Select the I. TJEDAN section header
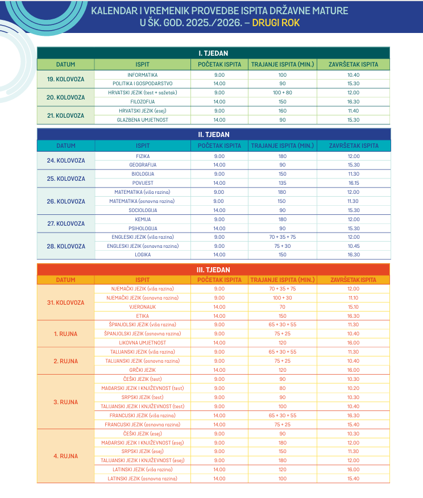[x=213, y=53]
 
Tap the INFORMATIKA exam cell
[x=143, y=75]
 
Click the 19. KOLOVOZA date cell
[x=66, y=79]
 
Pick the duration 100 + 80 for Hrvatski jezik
[x=283, y=93]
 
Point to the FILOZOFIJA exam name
[x=143, y=101]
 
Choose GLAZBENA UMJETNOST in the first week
[x=143, y=119]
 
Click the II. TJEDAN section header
[x=213, y=134]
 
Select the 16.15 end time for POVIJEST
[x=353, y=183]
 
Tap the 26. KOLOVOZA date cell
[x=66, y=201]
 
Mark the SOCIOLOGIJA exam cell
[x=143, y=210]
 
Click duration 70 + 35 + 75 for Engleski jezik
[x=283, y=237]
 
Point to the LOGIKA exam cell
[x=143, y=255]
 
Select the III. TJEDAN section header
[x=213, y=269]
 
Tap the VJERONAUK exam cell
[x=143, y=306]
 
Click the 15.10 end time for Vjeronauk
[x=353, y=306]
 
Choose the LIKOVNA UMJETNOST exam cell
[x=143, y=343]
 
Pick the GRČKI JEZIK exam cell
[x=143, y=370]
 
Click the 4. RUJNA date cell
[x=66, y=456]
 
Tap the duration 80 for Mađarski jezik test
[x=283, y=388]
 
